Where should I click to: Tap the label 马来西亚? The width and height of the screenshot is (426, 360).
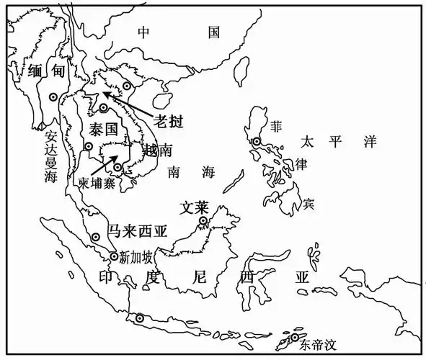[136, 231]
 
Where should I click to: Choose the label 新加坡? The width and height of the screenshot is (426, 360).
[136, 256]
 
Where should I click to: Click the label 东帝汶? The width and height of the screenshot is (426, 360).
[319, 343]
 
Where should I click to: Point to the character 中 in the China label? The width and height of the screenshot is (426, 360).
[143, 32]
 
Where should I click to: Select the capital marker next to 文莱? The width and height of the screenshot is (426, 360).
[204, 220]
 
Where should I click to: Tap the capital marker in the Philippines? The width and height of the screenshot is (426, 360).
[257, 142]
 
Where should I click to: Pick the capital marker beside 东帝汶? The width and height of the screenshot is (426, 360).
[295, 337]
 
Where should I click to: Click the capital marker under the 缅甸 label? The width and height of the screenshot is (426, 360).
[53, 96]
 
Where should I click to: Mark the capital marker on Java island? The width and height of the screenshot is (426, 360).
[139, 318]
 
